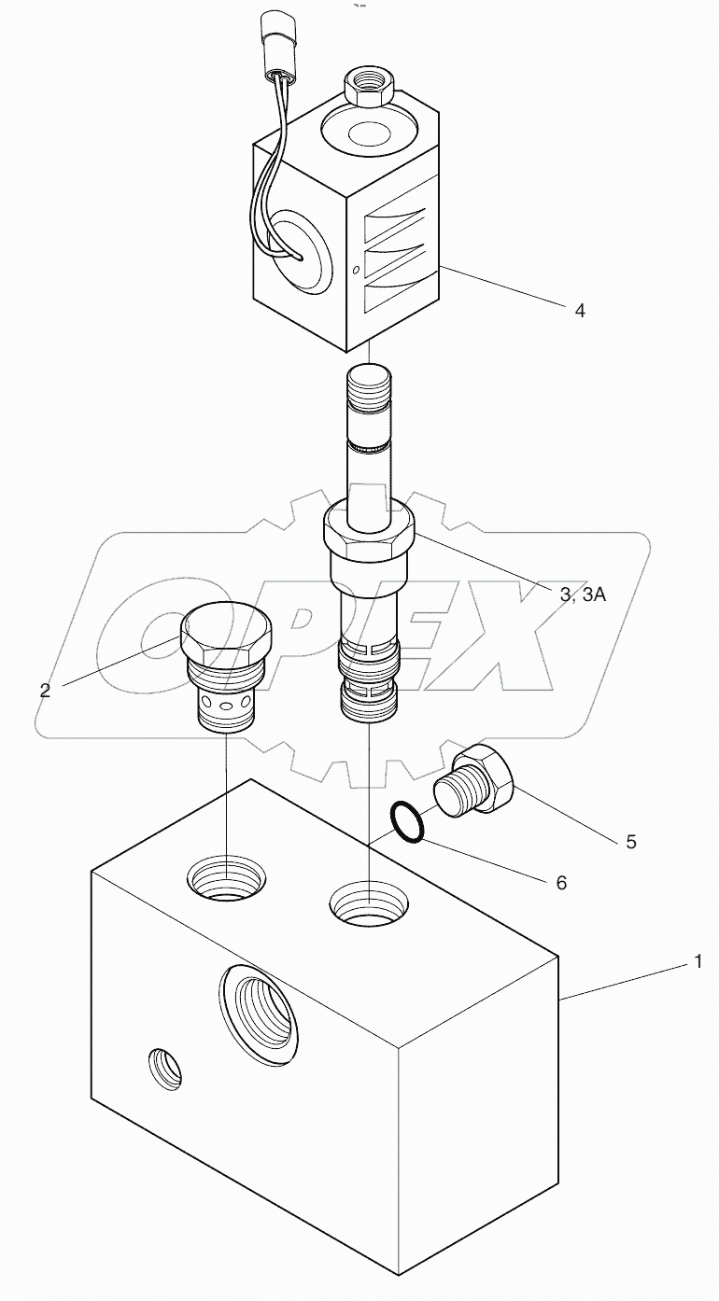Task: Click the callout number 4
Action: (x=580, y=311)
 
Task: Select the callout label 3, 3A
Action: (x=581, y=595)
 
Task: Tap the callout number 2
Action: (x=45, y=691)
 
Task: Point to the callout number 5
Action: (x=631, y=842)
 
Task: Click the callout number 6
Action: (x=561, y=882)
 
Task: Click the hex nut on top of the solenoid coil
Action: (x=372, y=87)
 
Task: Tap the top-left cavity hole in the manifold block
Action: (x=226, y=881)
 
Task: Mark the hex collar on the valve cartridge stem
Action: (x=368, y=533)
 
